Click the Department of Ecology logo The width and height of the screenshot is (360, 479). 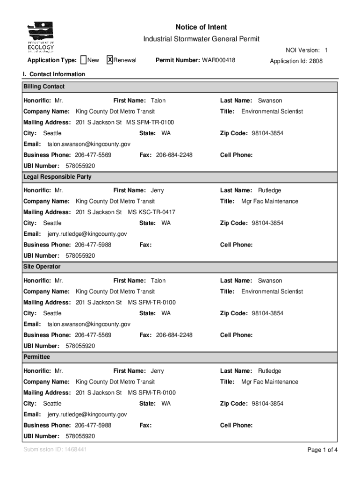[x=41, y=37]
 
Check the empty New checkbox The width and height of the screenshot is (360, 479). [x=83, y=60]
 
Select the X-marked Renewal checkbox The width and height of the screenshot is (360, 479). [x=110, y=60]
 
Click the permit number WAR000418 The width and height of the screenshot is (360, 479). [x=218, y=60]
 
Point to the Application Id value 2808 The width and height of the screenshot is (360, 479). [x=316, y=61]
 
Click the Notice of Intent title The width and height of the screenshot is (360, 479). [x=201, y=27]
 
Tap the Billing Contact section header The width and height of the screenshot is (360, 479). [x=44, y=87]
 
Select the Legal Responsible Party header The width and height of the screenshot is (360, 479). [x=58, y=177]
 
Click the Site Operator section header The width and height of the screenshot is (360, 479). [x=42, y=267]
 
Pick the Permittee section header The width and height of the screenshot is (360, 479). [x=37, y=357]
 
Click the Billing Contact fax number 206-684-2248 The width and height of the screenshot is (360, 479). [x=174, y=155]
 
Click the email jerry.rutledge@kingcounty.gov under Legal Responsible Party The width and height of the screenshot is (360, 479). [x=87, y=234]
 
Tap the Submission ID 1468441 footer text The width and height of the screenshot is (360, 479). [x=55, y=450]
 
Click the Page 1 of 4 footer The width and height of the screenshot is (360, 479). [x=322, y=450]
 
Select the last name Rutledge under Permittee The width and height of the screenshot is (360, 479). [x=270, y=371]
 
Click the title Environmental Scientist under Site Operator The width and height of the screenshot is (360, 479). [x=272, y=291]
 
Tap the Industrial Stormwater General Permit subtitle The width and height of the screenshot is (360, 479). [x=201, y=39]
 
